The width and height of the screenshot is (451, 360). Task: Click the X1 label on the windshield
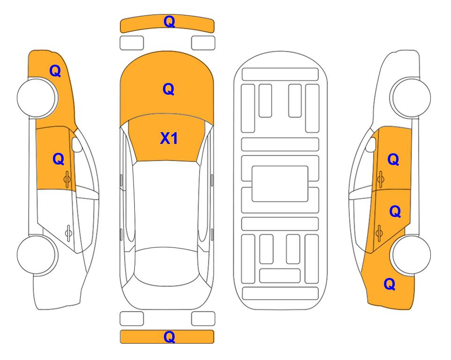click(169, 138)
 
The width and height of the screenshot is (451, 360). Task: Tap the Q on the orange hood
click(169, 89)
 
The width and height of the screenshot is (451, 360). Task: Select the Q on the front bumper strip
click(169, 22)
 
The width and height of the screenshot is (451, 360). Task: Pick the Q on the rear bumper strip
click(169, 337)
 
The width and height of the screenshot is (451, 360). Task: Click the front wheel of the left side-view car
click(37, 97)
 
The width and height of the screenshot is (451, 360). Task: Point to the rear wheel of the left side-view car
click(37, 255)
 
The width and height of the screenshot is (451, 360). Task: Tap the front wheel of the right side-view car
click(411, 97)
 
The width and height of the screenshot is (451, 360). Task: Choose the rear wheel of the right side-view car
click(411, 255)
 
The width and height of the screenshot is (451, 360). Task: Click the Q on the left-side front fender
click(55, 71)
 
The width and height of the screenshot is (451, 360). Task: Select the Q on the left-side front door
click(59, 159)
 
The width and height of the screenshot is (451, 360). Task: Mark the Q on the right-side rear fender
click(390, 284)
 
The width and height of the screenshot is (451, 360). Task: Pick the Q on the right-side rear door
click(395, 212)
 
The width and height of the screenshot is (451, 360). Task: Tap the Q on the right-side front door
click(393, 159)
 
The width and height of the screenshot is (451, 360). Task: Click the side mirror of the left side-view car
click(76, 144)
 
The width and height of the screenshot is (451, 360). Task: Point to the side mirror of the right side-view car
click(371, 144)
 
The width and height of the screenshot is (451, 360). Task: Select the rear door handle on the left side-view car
click(68, 232)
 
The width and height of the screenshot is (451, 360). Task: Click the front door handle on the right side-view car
click(380, 179)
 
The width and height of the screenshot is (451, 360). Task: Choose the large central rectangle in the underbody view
click(280, 184)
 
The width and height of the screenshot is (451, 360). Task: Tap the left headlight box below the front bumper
click(132, 43)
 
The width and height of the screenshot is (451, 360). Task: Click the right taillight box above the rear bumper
click(203, 319)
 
